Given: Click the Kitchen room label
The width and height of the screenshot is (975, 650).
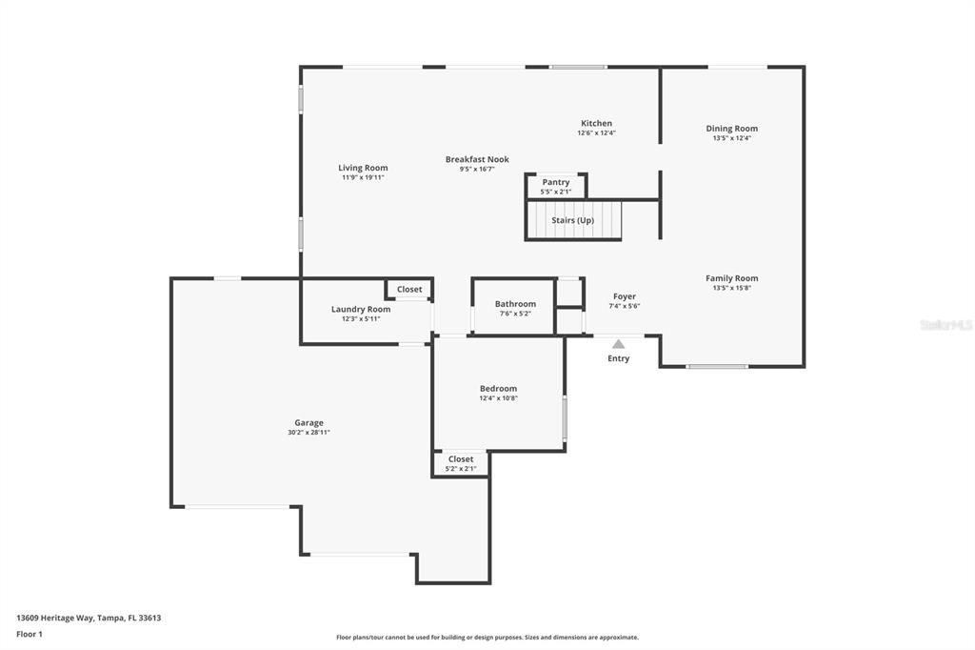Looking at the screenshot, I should click(x=597, y=123).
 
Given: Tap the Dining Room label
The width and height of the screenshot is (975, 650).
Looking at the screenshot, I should click(x=731, y=129).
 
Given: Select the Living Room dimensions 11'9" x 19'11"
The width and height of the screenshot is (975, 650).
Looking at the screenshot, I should click(x=363, y=177).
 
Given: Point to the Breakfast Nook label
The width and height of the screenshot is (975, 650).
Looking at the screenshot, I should click(x=477, y=159).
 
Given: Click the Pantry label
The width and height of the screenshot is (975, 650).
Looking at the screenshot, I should click(x=556, y=182).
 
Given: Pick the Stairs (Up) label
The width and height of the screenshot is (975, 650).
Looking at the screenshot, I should click(x=572, y=220).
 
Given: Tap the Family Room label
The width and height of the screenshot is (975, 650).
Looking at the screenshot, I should click(x=731, y=278).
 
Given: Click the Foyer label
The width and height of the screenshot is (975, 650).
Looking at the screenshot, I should click(x=625, y=296).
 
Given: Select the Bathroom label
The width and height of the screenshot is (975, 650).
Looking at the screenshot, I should click(x=515, y=304).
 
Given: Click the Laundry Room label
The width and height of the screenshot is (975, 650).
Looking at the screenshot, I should click(x=361, y=309).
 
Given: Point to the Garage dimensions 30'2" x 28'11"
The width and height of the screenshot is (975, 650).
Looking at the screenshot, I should click(x=308, y=433).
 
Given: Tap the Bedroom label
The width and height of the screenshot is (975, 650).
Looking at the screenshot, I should click(x=498, y=388).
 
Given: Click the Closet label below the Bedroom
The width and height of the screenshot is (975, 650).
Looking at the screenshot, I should click(x=461, y=459).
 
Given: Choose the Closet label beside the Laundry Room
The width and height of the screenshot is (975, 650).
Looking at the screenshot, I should click(x=409, y=289).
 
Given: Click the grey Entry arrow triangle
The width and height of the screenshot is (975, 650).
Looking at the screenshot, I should click(x=619, y=344).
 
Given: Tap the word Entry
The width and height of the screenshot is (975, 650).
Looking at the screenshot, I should click(x=619, y=358).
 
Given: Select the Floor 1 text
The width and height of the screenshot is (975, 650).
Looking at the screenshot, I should click(x=30, y=633).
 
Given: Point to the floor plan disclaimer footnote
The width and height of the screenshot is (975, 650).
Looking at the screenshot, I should click(x=487, y=638).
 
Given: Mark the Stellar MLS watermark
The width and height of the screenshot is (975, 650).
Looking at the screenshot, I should click(x=946, y=325).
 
